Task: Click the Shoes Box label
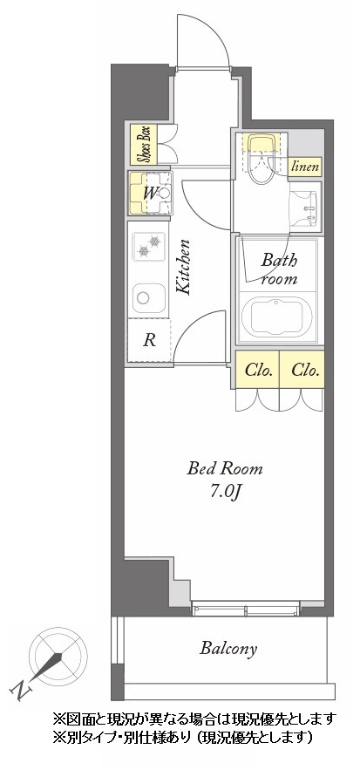(144, 145)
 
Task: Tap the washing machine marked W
(150, 194)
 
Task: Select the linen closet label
(305, 167)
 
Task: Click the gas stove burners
(149, 246)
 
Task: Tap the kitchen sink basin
(149, 298)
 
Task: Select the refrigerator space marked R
(149, 340)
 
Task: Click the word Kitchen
(184, 267)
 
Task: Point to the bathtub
(277, 317)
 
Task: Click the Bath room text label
(278, 269)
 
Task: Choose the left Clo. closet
(258, 370)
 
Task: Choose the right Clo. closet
(302, 370)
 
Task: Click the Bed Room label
(224, 469)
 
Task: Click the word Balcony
(228, 649)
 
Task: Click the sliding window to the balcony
(245, 609)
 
